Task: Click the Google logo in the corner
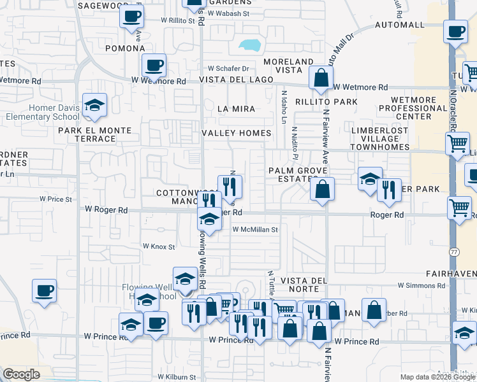click(x=20, y=374)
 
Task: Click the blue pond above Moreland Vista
click(x=249, y=46)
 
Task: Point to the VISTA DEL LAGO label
click(x=236, y=80)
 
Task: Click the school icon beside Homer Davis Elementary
click(x=94, y=106)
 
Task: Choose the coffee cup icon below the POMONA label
click(x=154, y=65)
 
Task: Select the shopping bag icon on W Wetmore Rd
click(x=321, y=80)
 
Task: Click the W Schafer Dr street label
click(x=228, y=69)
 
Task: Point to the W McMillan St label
click(x=255, y=229)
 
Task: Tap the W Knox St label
click(x=158, y=246)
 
